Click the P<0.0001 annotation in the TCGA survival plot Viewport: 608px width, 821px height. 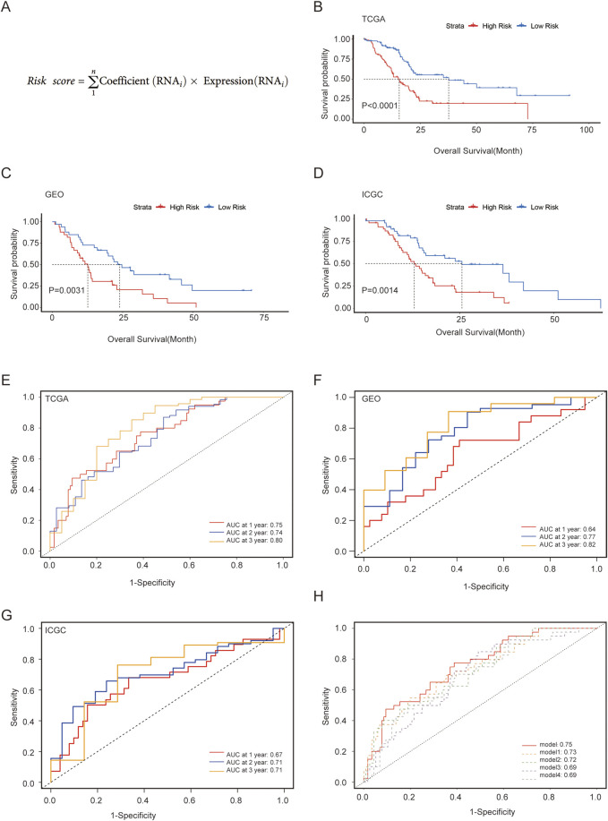380,106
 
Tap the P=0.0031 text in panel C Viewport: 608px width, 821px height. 67,290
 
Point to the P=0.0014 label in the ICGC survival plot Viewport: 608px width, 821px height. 380,290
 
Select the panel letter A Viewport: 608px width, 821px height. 5,7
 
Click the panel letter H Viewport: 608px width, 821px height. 318,597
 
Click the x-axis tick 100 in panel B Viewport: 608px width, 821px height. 587,130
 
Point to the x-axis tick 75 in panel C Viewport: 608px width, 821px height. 264,317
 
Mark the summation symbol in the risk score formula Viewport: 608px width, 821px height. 94,81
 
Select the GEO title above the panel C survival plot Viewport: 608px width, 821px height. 55,194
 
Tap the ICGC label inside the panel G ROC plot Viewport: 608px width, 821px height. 56,630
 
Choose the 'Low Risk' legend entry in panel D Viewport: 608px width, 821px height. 538,207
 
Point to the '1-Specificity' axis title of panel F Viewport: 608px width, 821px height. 485,586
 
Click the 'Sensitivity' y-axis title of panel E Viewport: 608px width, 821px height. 14,475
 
